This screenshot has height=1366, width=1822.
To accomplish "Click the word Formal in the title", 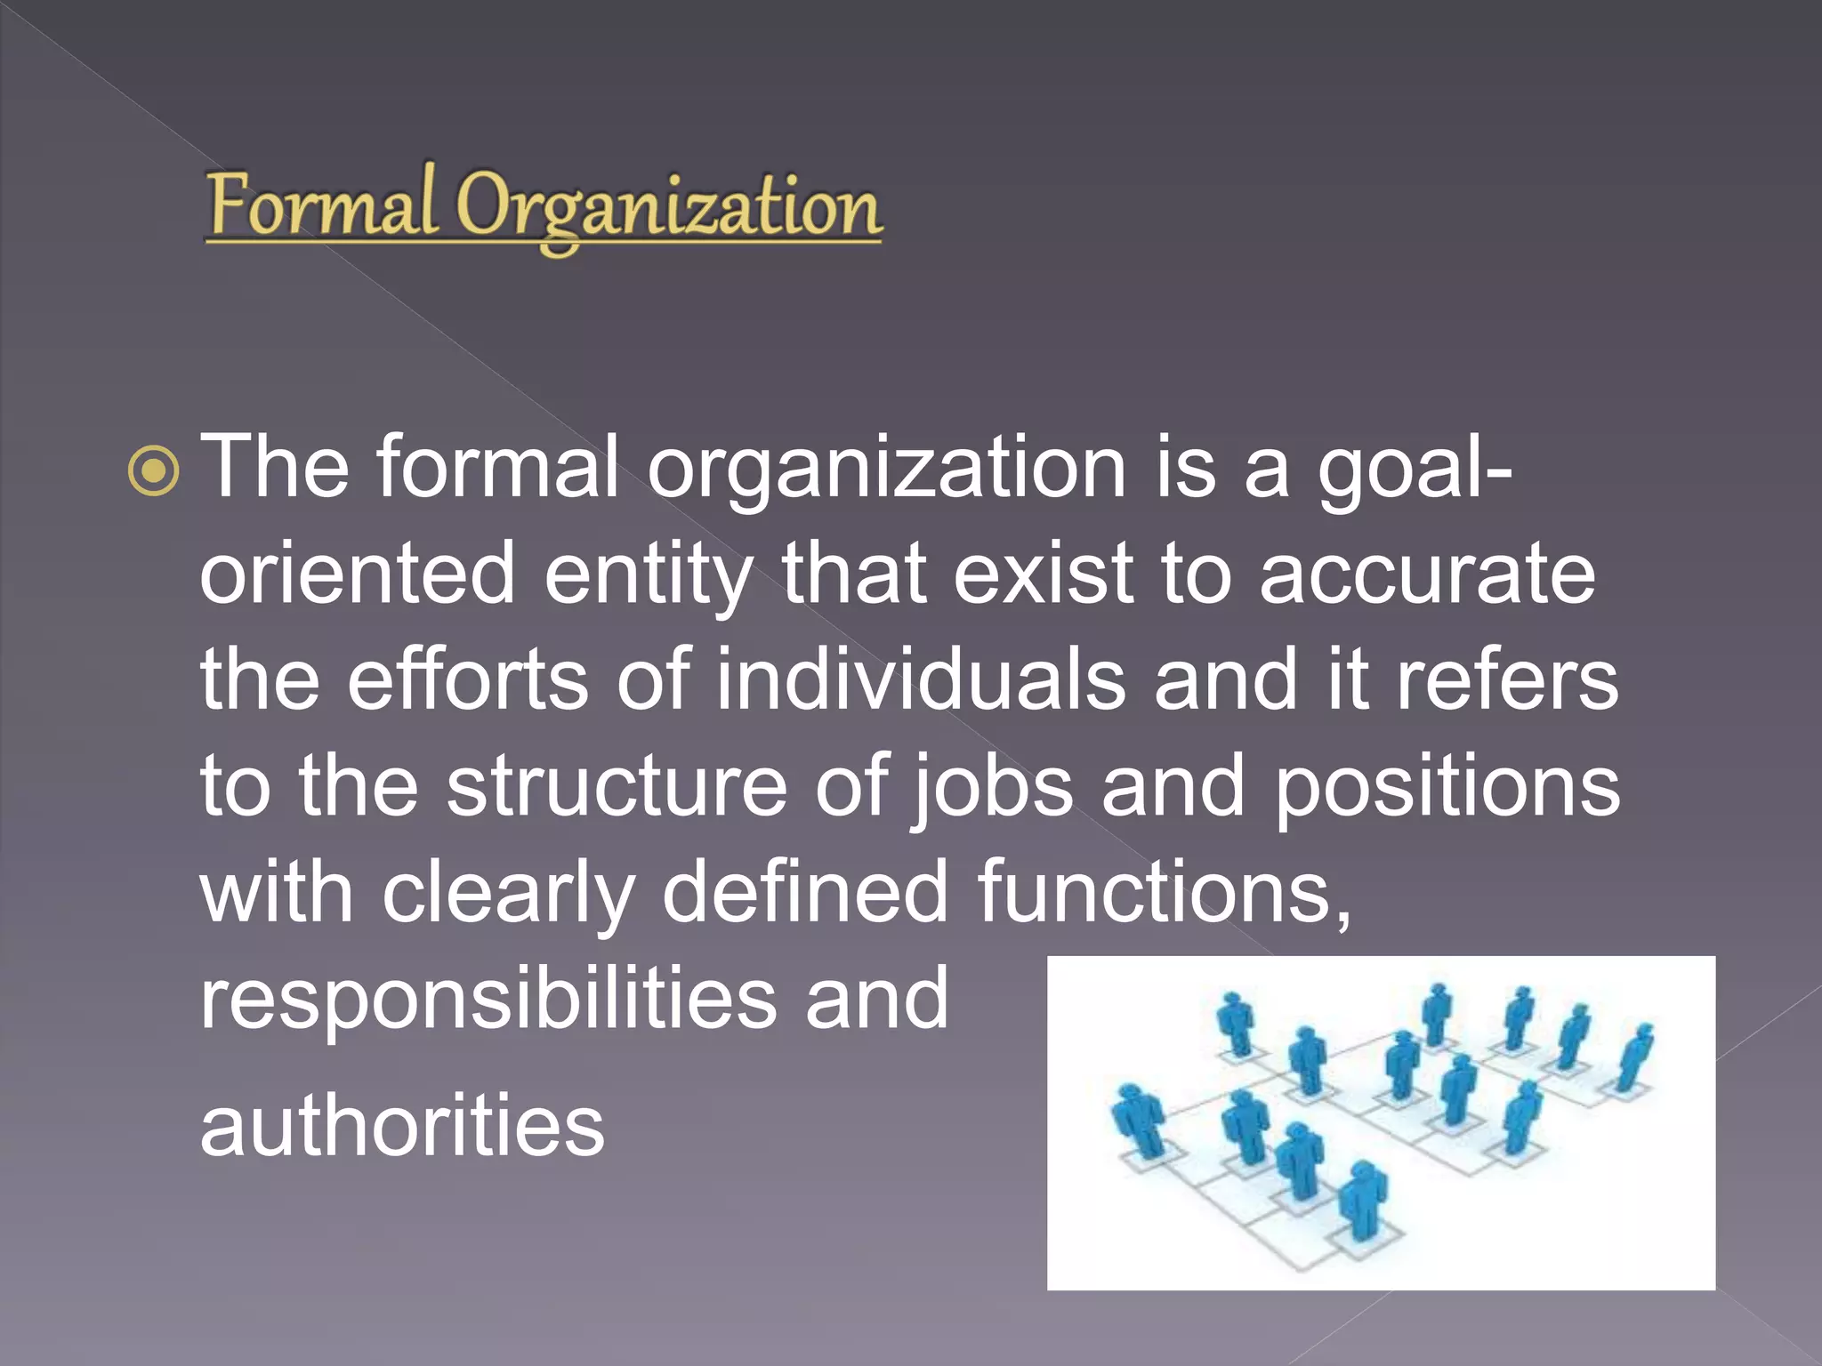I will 322,205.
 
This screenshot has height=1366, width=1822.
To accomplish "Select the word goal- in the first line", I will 1415,469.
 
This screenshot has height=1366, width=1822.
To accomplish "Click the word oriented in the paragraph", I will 357,574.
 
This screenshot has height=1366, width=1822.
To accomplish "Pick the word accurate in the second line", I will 1427,574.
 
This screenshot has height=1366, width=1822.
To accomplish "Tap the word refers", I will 1506,680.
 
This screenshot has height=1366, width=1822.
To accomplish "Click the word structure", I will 617,786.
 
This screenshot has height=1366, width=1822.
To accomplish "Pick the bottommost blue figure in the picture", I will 1362,1201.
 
